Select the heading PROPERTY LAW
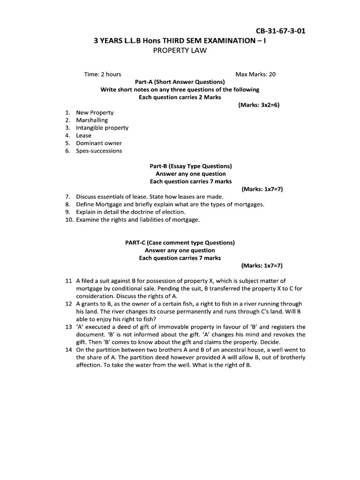[180, 50]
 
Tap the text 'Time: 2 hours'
[102, 74]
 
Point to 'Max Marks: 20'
[255, 74]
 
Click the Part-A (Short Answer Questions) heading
[180, 82]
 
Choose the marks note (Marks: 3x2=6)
[259, 105]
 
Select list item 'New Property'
[95, 112]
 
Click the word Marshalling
[92, 120]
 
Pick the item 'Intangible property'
[102, 127]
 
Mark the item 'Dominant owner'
[99, 143]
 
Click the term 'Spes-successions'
[99, 150]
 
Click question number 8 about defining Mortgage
[68, 204]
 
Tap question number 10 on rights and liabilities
[69, 219]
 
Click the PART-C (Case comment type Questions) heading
[180, 242]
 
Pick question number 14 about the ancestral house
[68, 350]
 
